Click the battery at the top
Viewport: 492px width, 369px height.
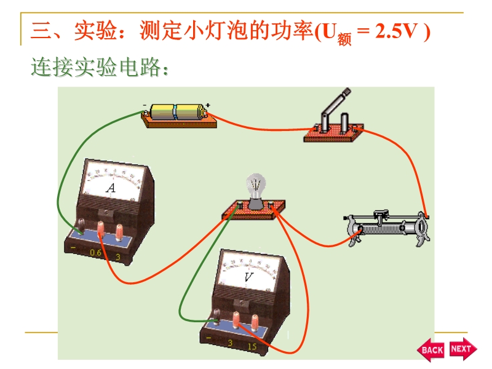point(177,111)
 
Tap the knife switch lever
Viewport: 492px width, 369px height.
point(337,105)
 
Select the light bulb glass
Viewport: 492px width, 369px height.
point(256,184)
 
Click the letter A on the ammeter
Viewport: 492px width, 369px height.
point(111,188)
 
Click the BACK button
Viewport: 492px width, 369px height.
point(432,349)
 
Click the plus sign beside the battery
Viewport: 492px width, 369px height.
point(208,105)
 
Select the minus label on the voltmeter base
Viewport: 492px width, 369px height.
point(210,339)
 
